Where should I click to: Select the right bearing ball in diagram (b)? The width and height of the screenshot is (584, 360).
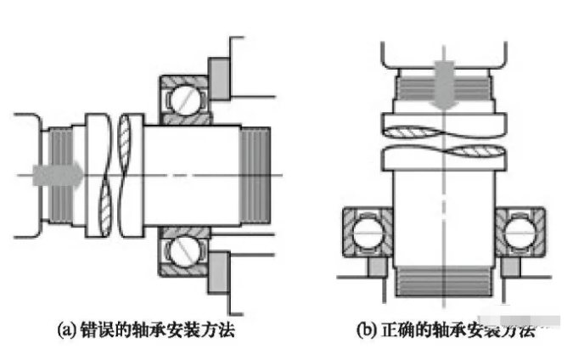click(519, 230)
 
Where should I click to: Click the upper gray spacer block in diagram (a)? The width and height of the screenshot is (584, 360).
click(218, 75)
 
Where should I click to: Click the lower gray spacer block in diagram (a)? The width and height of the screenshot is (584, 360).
click(218, 273)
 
